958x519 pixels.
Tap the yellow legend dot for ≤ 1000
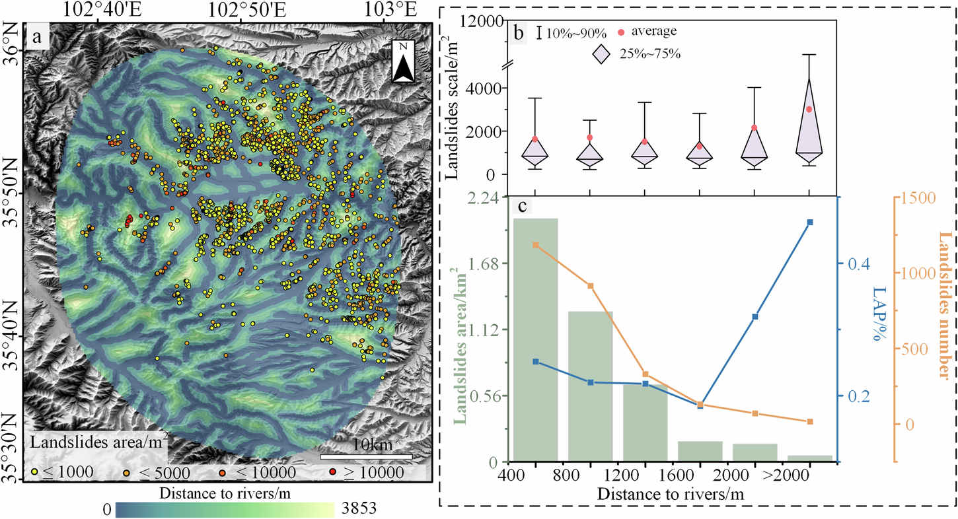(x=34, y=472)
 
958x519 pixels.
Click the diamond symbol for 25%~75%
(x=602, y=55)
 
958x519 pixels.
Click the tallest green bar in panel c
(x=535, y=339)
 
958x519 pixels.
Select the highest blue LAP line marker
(x=810, y=223)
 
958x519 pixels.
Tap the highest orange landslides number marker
(x=535, y=245)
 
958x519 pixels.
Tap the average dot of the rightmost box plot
(x=810, y=109)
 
